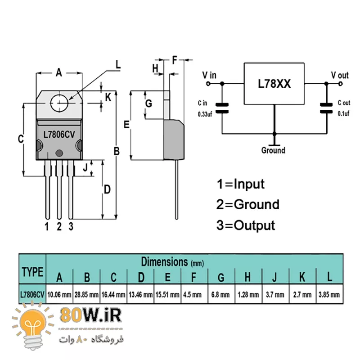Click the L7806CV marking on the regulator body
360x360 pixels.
tap(58, 134)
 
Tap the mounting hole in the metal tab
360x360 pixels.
tap(59, 103)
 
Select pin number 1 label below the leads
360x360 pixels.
tap(46, 226)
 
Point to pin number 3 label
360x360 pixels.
tap(71, 226)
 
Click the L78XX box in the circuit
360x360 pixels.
tap(274, 84)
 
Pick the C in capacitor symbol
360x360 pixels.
tap(222, 108)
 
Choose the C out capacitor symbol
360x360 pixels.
tap(326, 108)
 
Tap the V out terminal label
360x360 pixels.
tap(340, 75)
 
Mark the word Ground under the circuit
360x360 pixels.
tap(273, 150)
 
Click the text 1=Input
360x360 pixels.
tap(240, 184)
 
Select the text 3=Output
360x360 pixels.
tap(245, 225)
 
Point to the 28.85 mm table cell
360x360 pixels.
tap(86, 295)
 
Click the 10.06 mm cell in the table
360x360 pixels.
tap(59, 295)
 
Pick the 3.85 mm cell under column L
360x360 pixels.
tap(330, 295)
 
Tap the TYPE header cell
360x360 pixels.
tap(32, 272)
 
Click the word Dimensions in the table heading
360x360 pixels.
tap(164, 261)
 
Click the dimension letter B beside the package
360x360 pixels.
tap(117, 152)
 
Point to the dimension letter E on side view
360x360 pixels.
tap(126, 125)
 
